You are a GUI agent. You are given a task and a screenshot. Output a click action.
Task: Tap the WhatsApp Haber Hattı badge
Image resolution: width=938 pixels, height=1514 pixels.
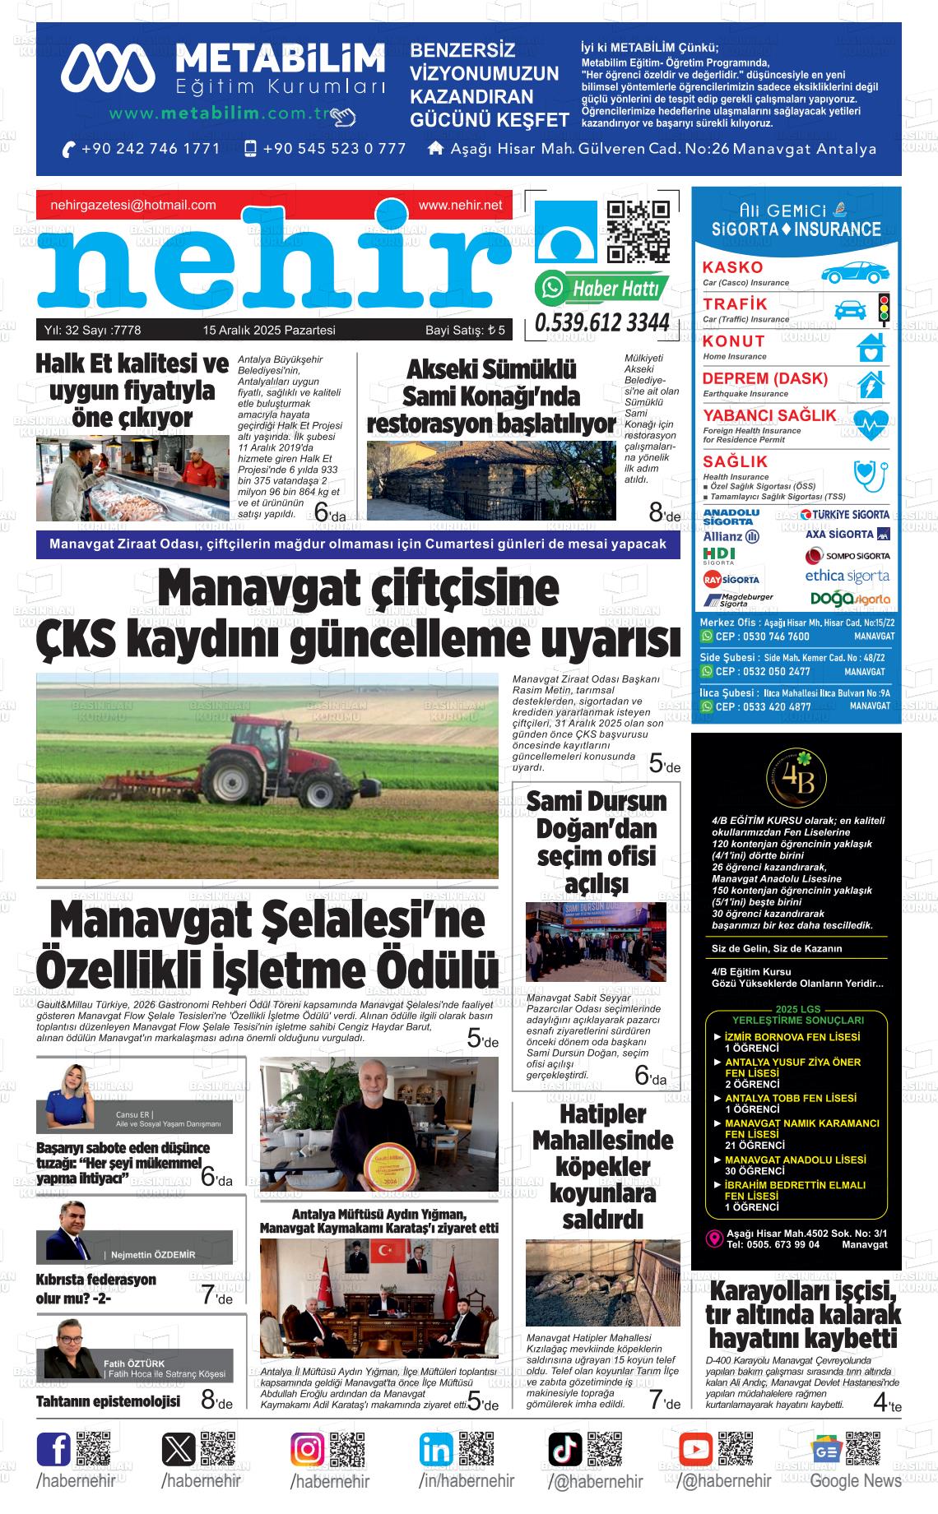pyautogui.click(x=602, y=289)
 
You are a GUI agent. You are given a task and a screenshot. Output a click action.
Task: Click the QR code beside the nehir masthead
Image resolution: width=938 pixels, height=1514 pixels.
pyautogui.click(x=638, y=231)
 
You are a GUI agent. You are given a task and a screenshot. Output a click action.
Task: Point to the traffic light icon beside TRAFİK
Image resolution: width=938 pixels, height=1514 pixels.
pyautogui.click(x=885, y=309)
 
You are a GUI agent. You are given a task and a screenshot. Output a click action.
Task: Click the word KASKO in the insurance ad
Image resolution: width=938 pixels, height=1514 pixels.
pyautogui.click(x=732, y=267)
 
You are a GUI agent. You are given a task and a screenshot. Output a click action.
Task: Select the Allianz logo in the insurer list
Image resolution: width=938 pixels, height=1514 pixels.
pyautogui.click(x=731, y=536)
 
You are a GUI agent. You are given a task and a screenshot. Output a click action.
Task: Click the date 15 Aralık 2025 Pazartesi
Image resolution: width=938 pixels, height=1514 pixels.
pyautogui.click(x=269, y=331)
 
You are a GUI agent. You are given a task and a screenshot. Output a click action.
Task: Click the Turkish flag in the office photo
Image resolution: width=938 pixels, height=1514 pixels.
pyautogui.click(x=382, y=1252)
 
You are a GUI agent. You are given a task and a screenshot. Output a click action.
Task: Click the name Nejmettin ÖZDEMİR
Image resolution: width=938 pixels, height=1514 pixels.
pyautogui.click(x=153, y=1255)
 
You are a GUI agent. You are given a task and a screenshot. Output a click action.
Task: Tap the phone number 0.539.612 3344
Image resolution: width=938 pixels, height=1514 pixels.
pyautogui.click(x=602, y=323)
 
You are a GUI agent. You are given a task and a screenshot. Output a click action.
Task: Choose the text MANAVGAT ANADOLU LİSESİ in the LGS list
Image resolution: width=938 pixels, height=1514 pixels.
pyautogui.click(x=795, y=1160)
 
